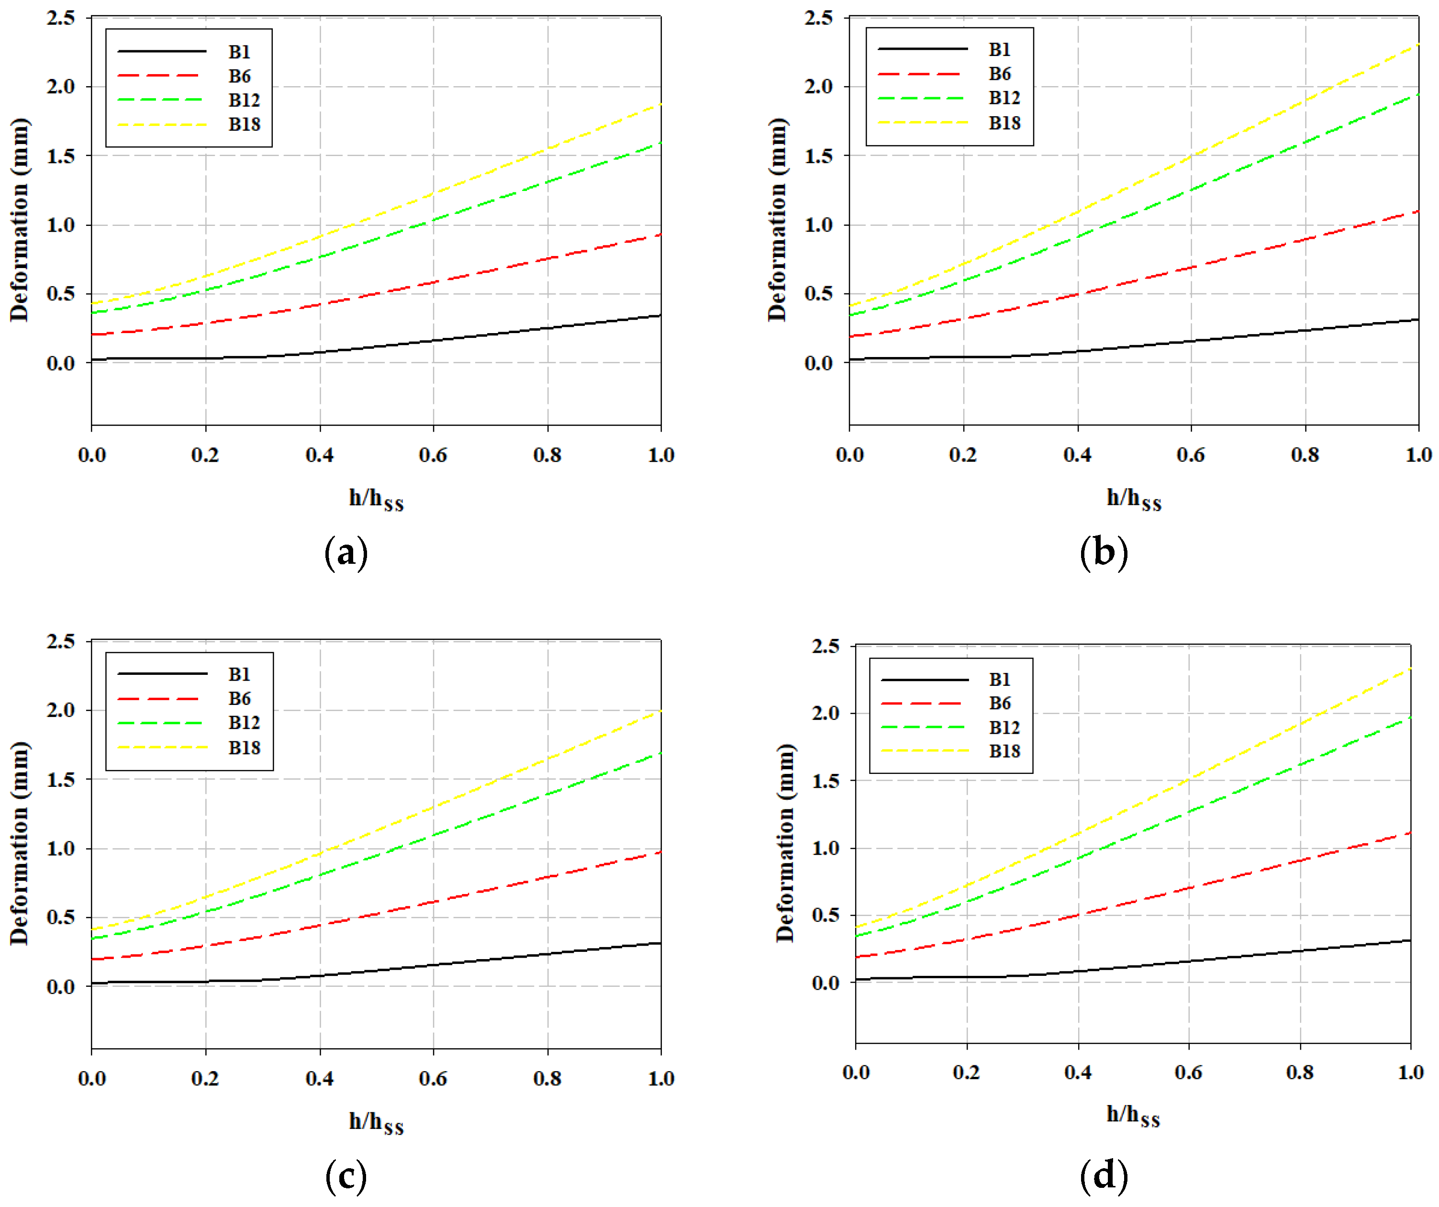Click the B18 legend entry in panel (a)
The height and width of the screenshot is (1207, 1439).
pyautogui.click(x=244, y=124)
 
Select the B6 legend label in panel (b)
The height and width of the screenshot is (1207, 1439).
pyautogui.click(x=999, y=73)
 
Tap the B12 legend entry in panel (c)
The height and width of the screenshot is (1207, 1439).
pyautogui.click(x=244, y=722)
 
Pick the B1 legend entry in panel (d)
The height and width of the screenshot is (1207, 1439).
pyautogui.click(x=999, y=679)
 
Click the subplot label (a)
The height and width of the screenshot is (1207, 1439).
pyautogui.click(x=346, y=552)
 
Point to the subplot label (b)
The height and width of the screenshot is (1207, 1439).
pyautogui.click(x=1103, y=552)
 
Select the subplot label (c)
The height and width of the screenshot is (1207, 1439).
pyautogui.click(x=346, y=1176)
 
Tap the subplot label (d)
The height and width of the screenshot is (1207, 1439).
pyautogui.click(x=1103, y=1176)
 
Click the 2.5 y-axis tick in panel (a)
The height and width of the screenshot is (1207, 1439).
pyautogui.click(x=61, y=18)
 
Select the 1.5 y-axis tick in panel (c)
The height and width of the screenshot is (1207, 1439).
pyautogui.click(x=61, y=779)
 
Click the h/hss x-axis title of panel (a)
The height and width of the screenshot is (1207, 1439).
pyautogui.click(x=376, y=499)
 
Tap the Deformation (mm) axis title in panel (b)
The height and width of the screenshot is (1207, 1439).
pyautogui.click(x=777, y=219)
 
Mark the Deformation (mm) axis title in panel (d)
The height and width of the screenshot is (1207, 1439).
pyautogui.click(x=785, y=843)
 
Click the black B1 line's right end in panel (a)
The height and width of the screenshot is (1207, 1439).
pyautogui.click(x=660, y=315)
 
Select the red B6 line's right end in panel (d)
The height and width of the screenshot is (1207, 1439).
pyautogui.click(x=1409, y=833)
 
